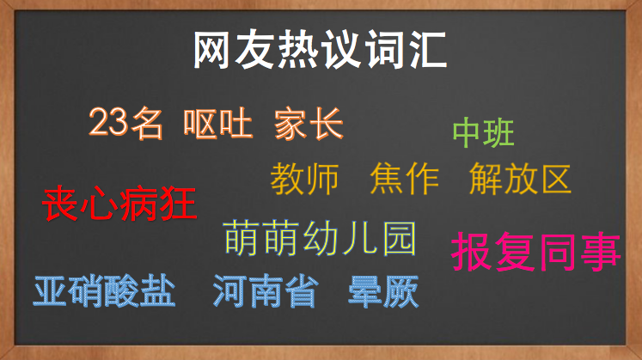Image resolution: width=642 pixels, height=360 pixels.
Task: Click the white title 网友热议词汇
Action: pyautogui.click(x=320, y=50)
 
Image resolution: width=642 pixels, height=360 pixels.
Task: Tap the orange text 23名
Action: pyautogui.click(x=125, y=123)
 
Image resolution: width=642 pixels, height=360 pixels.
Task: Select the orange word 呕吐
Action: pyautogui.click(x=217, y=123)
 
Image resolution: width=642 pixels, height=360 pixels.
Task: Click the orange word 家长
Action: pyautogui.click(x=309, y=124)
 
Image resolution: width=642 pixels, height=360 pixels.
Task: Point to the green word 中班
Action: pyautogui.click(x=483, y=132)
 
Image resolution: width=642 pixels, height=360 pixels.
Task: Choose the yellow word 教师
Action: pyautogui.click(x=304, y=179)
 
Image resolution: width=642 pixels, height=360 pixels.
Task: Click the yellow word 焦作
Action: pyautogui.click(x=404, y=179)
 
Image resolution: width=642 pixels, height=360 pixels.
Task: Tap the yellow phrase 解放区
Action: pyautogui.click(x=520, y=179)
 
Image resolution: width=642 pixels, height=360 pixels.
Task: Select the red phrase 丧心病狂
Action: pyautogui.click(x=119, y=204)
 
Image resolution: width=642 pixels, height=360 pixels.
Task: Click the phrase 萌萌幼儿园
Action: pyautogui.click(x=320, y=238)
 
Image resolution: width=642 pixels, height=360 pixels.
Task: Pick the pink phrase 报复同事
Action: pyautogui.click(x=536, y=251)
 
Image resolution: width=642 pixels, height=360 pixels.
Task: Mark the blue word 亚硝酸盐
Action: pyautogui.click(x=104, y=291)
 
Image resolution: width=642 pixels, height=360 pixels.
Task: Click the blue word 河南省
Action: pyautogui.click(x=266, y=291)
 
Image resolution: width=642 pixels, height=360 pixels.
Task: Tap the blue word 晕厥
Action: pyautogui.click(x=383, y=291)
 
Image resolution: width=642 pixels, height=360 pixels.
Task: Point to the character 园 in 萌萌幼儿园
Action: pyautogui.click(x=399, y=239)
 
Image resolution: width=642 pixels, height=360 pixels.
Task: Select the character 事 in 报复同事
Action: pyautogui.click(x=601, y=251)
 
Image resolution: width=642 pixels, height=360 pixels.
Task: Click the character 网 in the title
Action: pyautogui.click(x=211, y=50)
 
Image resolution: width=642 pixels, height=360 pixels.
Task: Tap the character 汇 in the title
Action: pyautogui.click(x=428, y=50)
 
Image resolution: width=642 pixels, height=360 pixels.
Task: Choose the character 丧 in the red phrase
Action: pyautogui.click(x=60, y=204)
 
